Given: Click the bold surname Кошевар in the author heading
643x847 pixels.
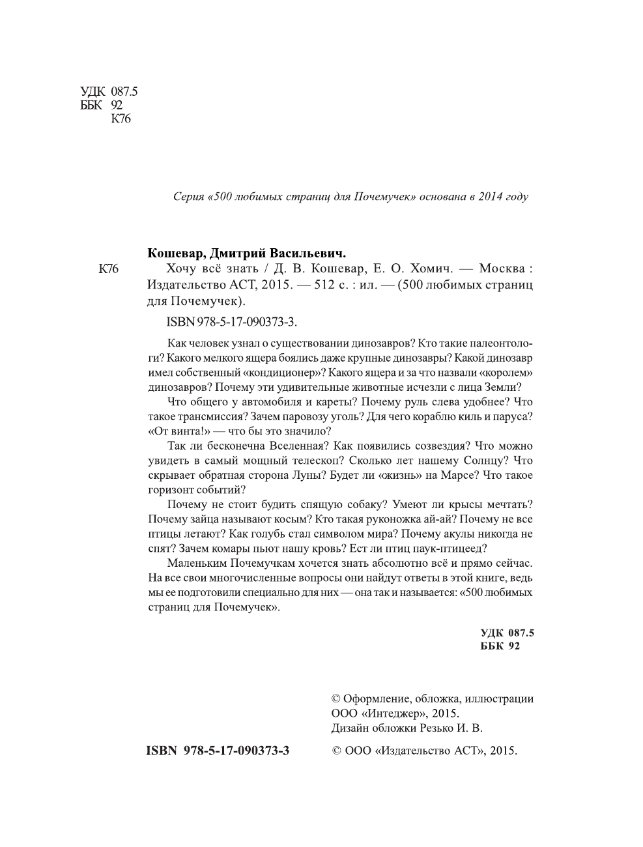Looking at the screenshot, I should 172,253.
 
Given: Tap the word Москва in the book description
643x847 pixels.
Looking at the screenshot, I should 501,269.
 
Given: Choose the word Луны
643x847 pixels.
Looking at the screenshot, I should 306,475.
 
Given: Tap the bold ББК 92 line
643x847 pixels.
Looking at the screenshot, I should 500,646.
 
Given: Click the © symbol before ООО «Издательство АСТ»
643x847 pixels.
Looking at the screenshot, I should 337,751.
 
